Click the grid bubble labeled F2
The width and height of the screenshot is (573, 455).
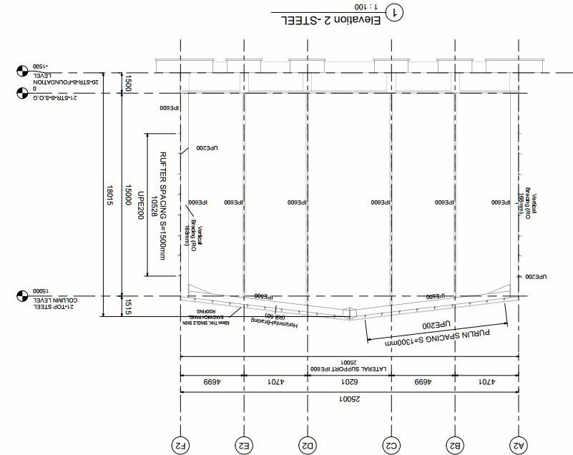[x=181, y=444]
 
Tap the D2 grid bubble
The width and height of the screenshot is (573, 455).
[x=308, y=444]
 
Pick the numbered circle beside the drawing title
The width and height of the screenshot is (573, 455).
[x=393, y=12]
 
